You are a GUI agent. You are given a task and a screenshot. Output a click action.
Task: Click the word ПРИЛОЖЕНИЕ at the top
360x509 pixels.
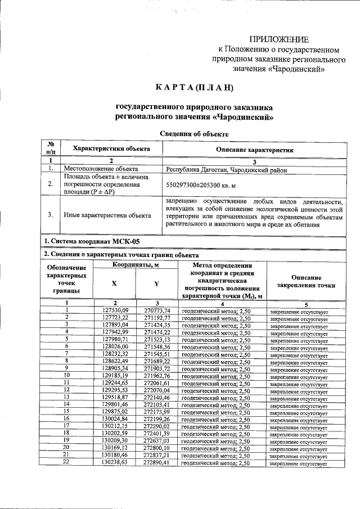tap(279, 39)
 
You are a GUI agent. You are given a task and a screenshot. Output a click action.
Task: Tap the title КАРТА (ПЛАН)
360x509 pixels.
tap(194, 88)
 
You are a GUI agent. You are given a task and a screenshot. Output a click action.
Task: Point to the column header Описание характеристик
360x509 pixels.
tap(255, 150)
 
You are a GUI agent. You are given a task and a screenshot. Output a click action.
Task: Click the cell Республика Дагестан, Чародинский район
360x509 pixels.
tap(227, 169)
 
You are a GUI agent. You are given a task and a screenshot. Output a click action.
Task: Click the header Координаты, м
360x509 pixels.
tap(135, 264)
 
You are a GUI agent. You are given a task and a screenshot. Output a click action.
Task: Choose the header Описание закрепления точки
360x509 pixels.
tap(307, 281)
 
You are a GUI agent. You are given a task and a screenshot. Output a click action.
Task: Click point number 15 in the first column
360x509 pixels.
tap(66, 411)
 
